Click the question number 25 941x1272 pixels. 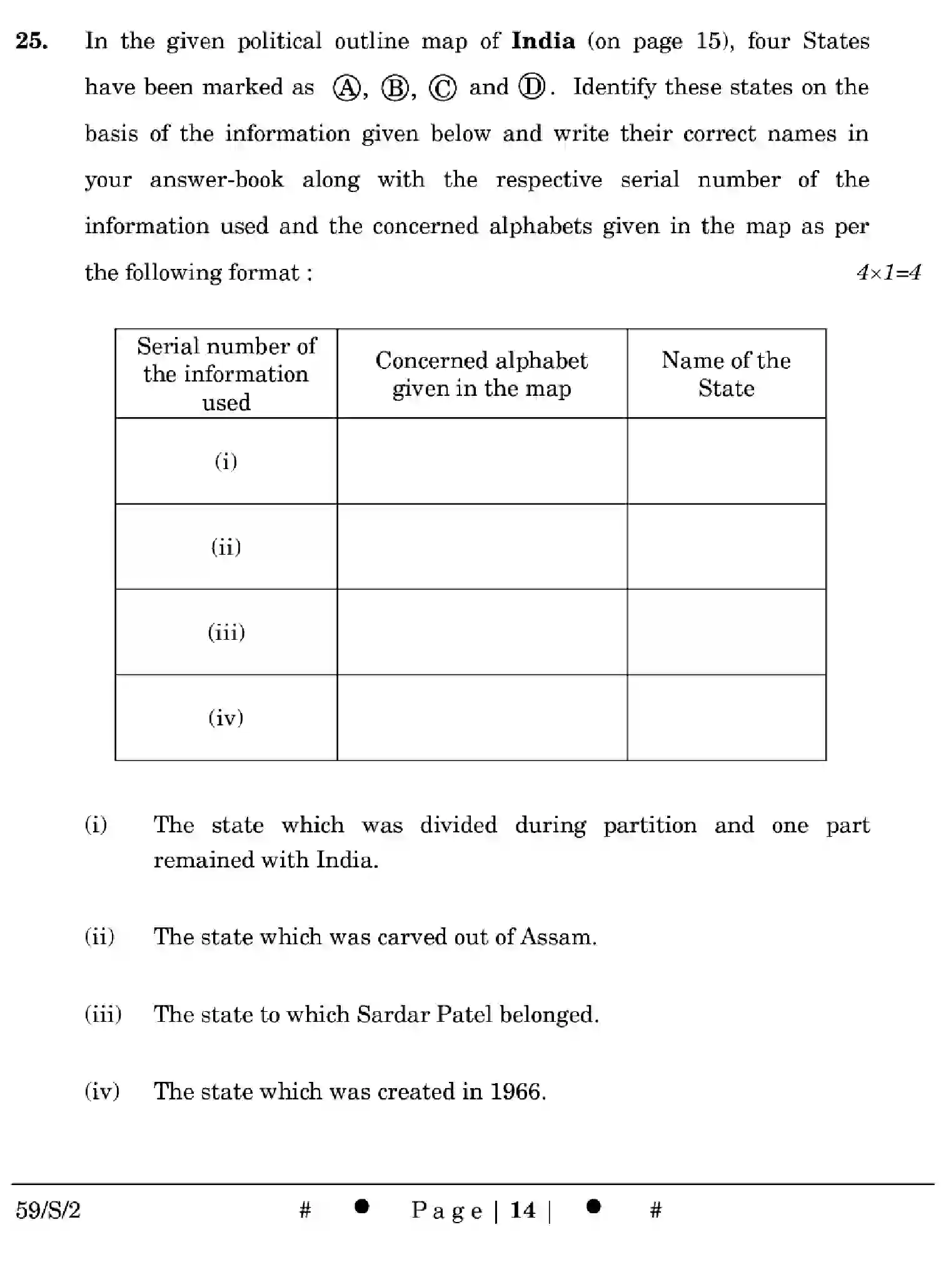point(31,41)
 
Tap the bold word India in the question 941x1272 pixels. point(543,41)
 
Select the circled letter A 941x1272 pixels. point(346,88)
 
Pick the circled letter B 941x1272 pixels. point(395,88)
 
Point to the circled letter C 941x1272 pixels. point(443,88)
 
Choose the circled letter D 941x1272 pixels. point(532,87)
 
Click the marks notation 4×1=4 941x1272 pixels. point(888,273)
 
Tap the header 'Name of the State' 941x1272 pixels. point(726,374)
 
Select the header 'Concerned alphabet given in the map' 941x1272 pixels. point(481,374)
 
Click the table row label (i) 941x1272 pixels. point(226,462)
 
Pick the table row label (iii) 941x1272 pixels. point(226,632)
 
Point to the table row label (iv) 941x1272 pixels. point(226,717)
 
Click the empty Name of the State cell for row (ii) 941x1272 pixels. point(726,547)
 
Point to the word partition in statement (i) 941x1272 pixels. point(650,826)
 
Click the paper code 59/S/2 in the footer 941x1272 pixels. point(48,1211)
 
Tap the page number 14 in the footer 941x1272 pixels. point(523,1210)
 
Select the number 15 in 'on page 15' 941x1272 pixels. point(710,41)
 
